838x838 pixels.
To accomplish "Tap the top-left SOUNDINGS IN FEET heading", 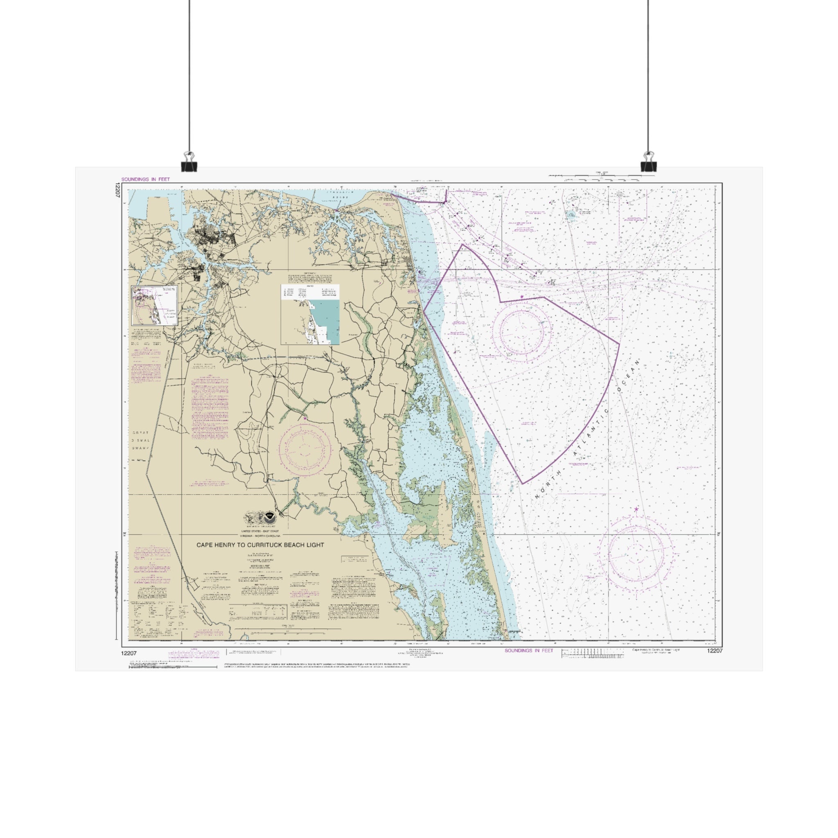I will pyautogui.click(x=145, y=179).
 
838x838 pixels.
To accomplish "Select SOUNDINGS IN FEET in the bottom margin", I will pyautogui.click(x=529, y=651).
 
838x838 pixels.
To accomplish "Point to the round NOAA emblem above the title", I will pyautogui.click(x=270, y=517).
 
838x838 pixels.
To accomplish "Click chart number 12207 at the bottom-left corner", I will pyautogui.click(x=130, y=653).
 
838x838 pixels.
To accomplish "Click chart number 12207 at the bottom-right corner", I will pyautogui.click(x=714, y=651).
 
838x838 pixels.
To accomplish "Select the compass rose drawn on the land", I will pyautogui.click(x=304, y=451).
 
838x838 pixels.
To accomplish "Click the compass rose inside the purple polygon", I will pyautogui.click(x=522, y=332).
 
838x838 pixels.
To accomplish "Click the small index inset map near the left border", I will pyautogui.click(x=154, y=305).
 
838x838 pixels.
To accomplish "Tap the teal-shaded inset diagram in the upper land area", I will pyautogui.click(x=310, y=315).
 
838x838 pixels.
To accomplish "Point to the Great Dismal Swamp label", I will pyautogui.click(x=140, y=440).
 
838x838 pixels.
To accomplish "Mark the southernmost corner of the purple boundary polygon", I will pyautogui.click(x=522, y=483).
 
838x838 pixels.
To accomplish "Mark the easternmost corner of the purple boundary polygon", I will pyautogui.click(x=619, y=344).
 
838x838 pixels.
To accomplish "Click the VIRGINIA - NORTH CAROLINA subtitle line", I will pyautogui.click(x=260, y=536).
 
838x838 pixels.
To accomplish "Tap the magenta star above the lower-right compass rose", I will pyautogui.click(x=636, y=509).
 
